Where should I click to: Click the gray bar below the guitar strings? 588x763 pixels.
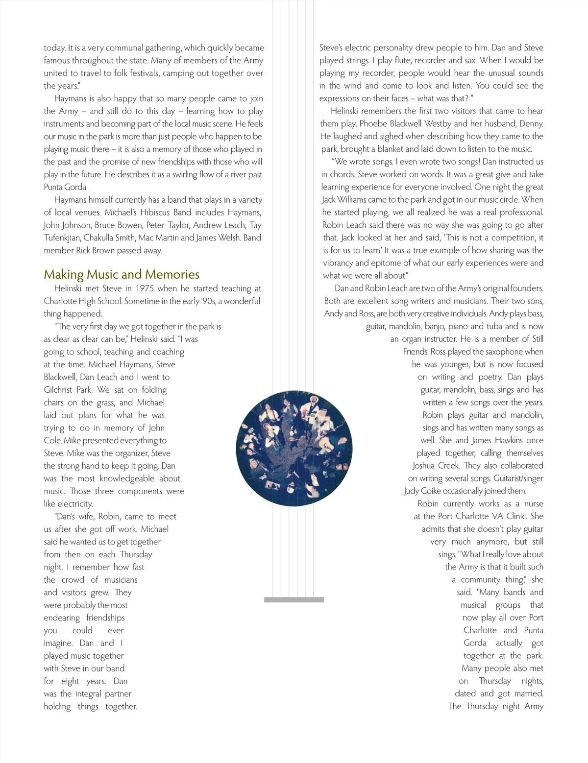[x=294, y=599]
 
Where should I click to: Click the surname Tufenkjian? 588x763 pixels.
[x=62, y=238]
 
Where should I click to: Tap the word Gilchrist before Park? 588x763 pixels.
[x=58, y=390]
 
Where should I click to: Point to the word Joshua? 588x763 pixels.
[x=426, y=466]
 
